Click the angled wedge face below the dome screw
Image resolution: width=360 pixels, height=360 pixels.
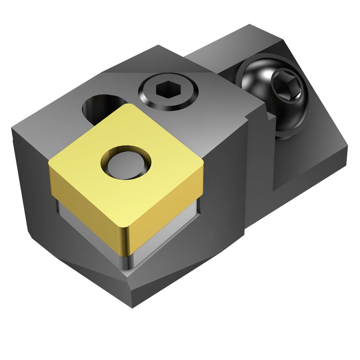[308, 160]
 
